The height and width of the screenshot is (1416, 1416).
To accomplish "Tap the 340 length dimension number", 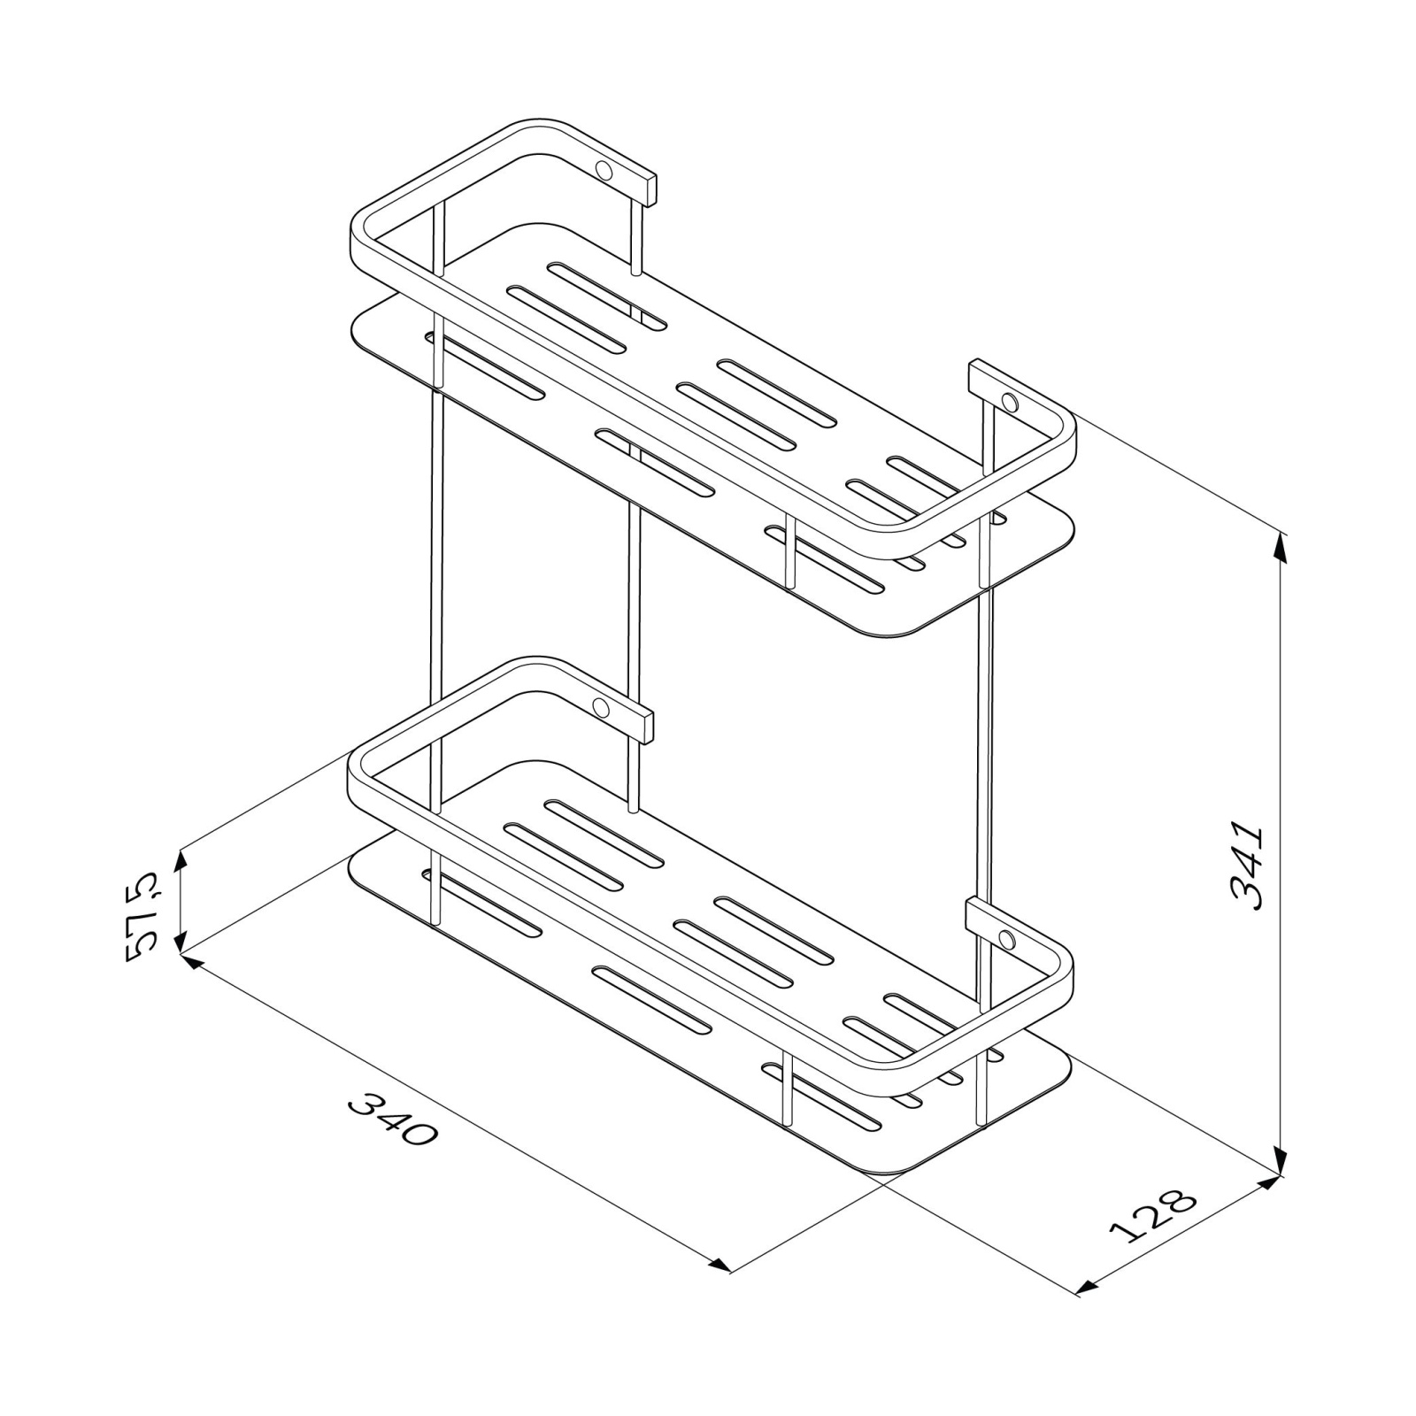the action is tap(393, 1119).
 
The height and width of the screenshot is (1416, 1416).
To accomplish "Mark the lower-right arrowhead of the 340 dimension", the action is tap(718, 1264).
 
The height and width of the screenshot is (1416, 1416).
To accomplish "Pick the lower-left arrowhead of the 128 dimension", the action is tap(1090, 1287).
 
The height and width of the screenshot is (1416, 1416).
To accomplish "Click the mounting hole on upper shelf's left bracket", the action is tap(604, 169).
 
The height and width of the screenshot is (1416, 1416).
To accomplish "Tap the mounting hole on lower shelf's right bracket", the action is tap(1006, 939).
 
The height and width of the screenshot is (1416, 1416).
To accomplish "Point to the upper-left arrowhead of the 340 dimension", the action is tap(192, 961).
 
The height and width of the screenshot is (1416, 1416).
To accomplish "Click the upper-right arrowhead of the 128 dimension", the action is tap(1268, 1184).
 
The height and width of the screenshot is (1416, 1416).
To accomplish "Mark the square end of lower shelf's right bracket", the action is tap(971, 915).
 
